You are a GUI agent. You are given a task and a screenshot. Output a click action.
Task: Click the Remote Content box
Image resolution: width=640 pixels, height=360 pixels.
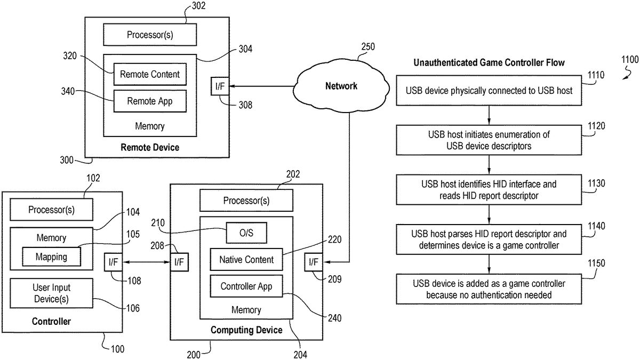point(149,75)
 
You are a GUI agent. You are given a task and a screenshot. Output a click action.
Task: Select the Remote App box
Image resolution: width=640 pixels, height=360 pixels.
point(149,100)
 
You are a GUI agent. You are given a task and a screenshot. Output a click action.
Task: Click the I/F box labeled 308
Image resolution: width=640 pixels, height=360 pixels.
point(220,86)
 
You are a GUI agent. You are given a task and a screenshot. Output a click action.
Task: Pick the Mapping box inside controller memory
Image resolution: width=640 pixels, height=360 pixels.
point(51,257)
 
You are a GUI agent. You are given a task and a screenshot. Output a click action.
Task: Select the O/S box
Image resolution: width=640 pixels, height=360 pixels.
point(246,233)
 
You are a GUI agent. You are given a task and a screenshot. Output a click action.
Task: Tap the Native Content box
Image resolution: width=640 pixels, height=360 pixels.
point(246,260)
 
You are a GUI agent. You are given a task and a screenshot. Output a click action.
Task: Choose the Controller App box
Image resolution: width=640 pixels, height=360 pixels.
point(246,286)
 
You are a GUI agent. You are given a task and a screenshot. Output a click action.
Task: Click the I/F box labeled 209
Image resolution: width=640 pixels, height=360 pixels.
point(313,262)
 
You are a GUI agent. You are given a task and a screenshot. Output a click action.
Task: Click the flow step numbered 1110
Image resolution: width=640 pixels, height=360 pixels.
point(489,91)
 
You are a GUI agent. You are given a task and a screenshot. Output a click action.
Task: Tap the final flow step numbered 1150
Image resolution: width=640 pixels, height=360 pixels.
point(489,289)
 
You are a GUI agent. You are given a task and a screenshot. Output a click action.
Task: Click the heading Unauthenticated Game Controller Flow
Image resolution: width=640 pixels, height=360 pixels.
point(489,63)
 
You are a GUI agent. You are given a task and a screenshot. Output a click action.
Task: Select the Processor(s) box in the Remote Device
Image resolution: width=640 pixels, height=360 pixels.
point(149,35)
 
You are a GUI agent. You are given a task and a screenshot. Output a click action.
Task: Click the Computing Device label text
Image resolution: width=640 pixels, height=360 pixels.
point(246,330)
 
